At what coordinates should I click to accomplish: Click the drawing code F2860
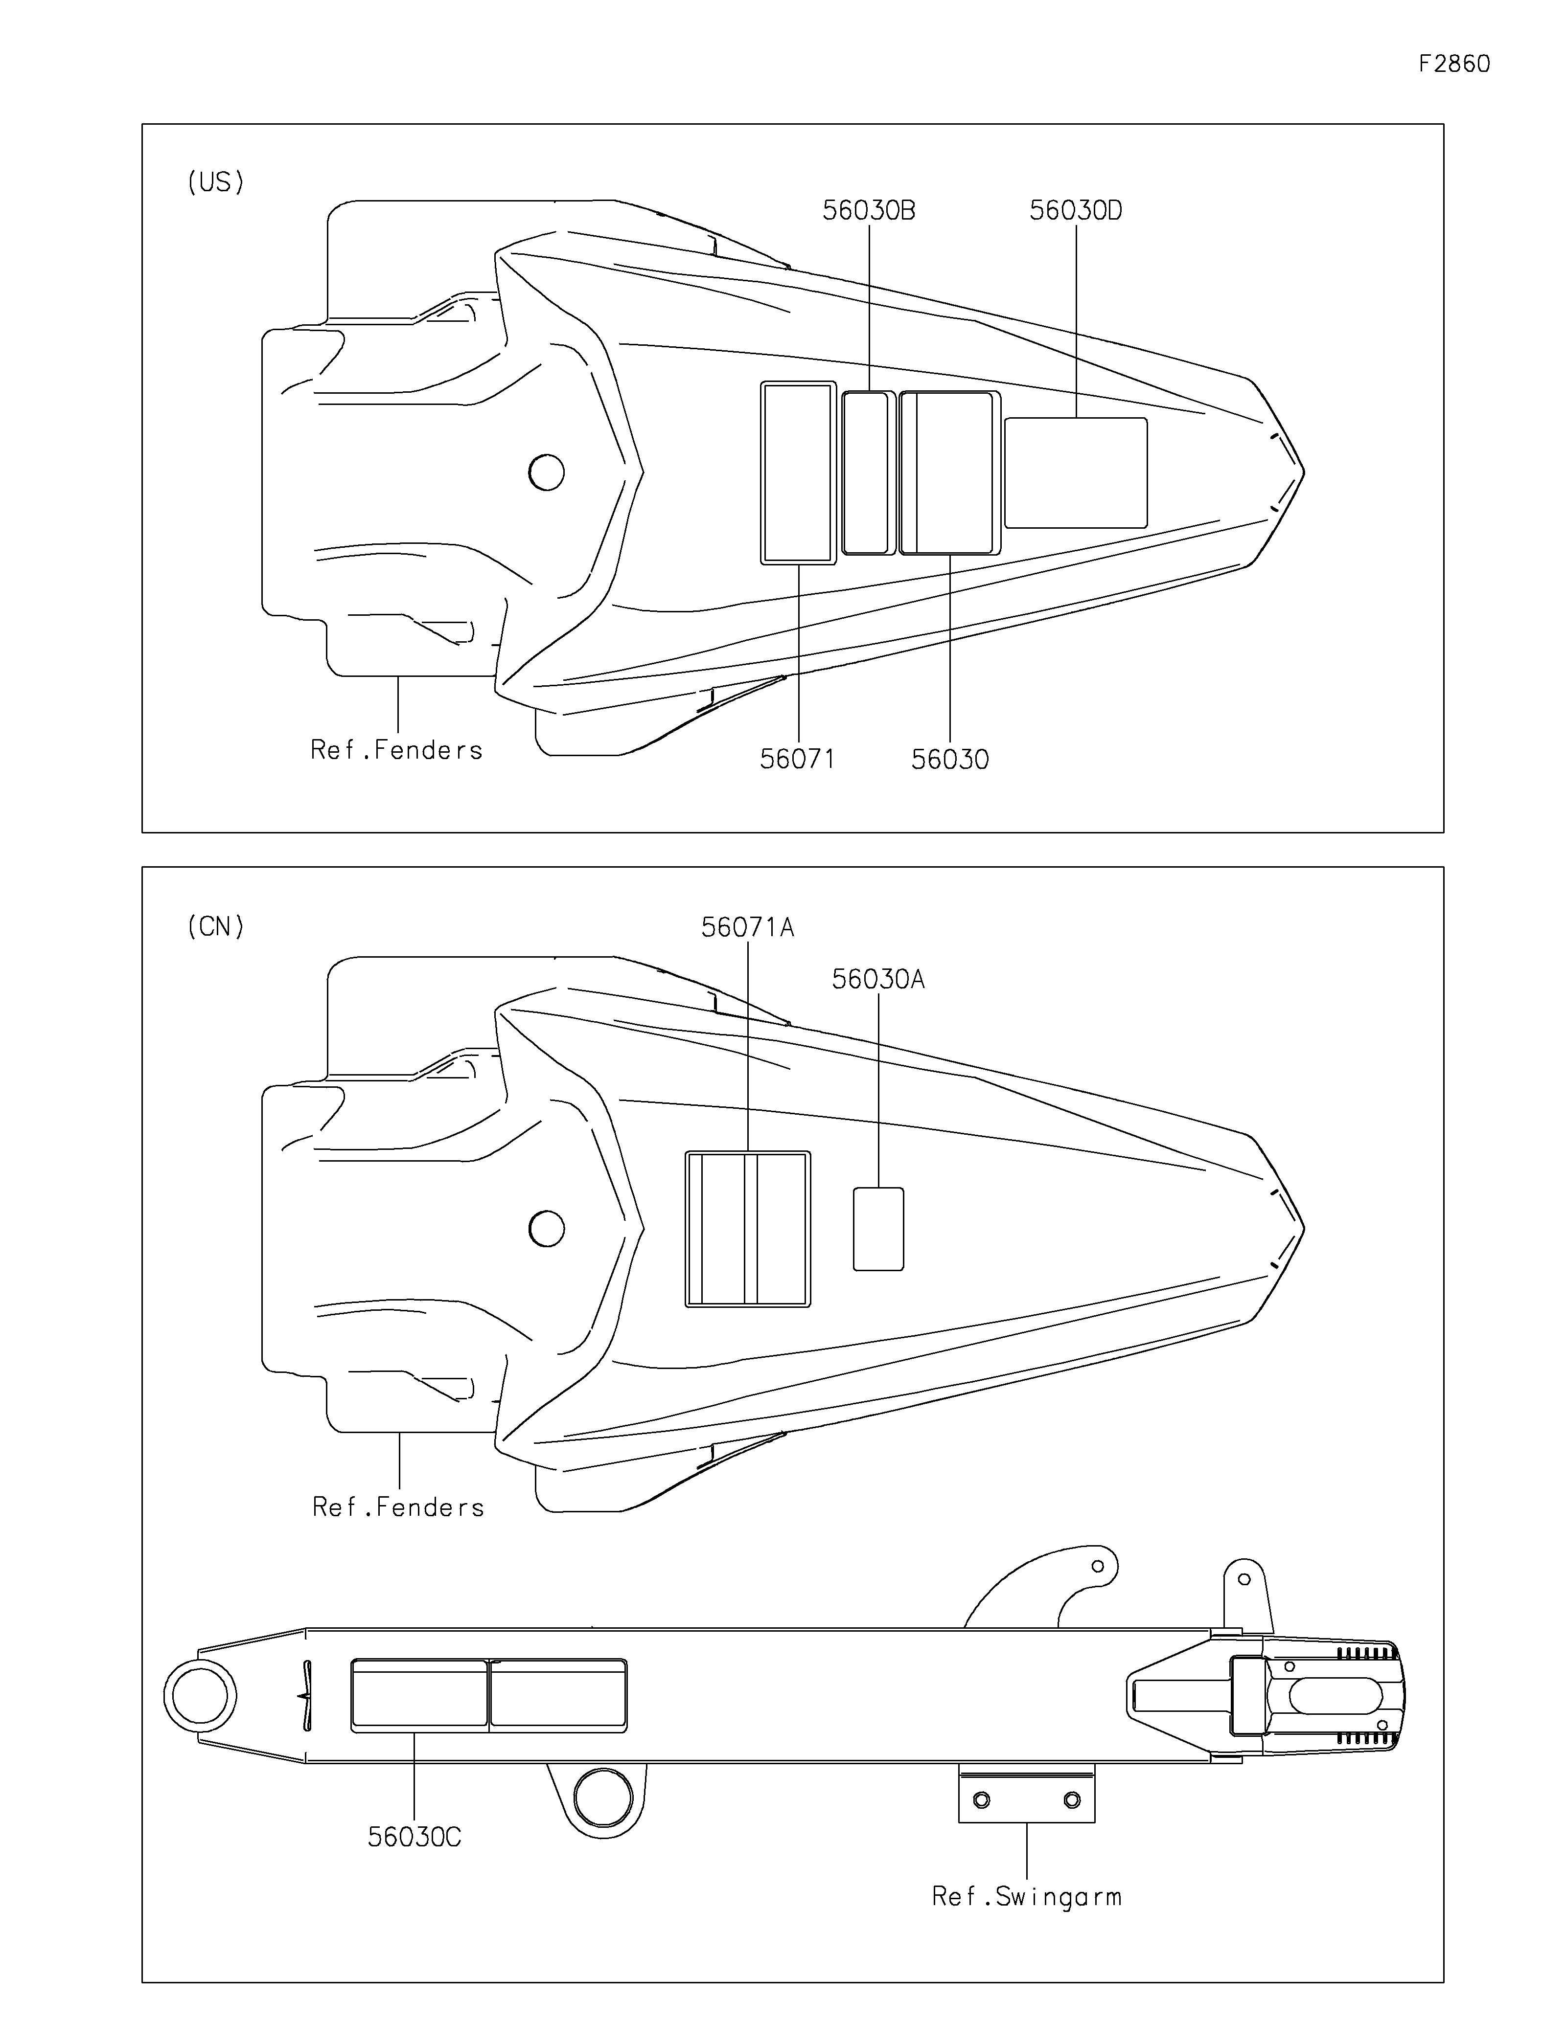(1454, 64)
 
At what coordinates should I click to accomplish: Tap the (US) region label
(216, 182)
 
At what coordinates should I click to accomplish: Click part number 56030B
(869, 211)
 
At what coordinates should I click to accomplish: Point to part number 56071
(797, 759)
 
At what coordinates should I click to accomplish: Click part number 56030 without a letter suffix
(950, 759)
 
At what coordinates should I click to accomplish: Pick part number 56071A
(747, 927)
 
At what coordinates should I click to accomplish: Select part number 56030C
(414, 1837)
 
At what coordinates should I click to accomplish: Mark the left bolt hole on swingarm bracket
(982, 1800)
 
